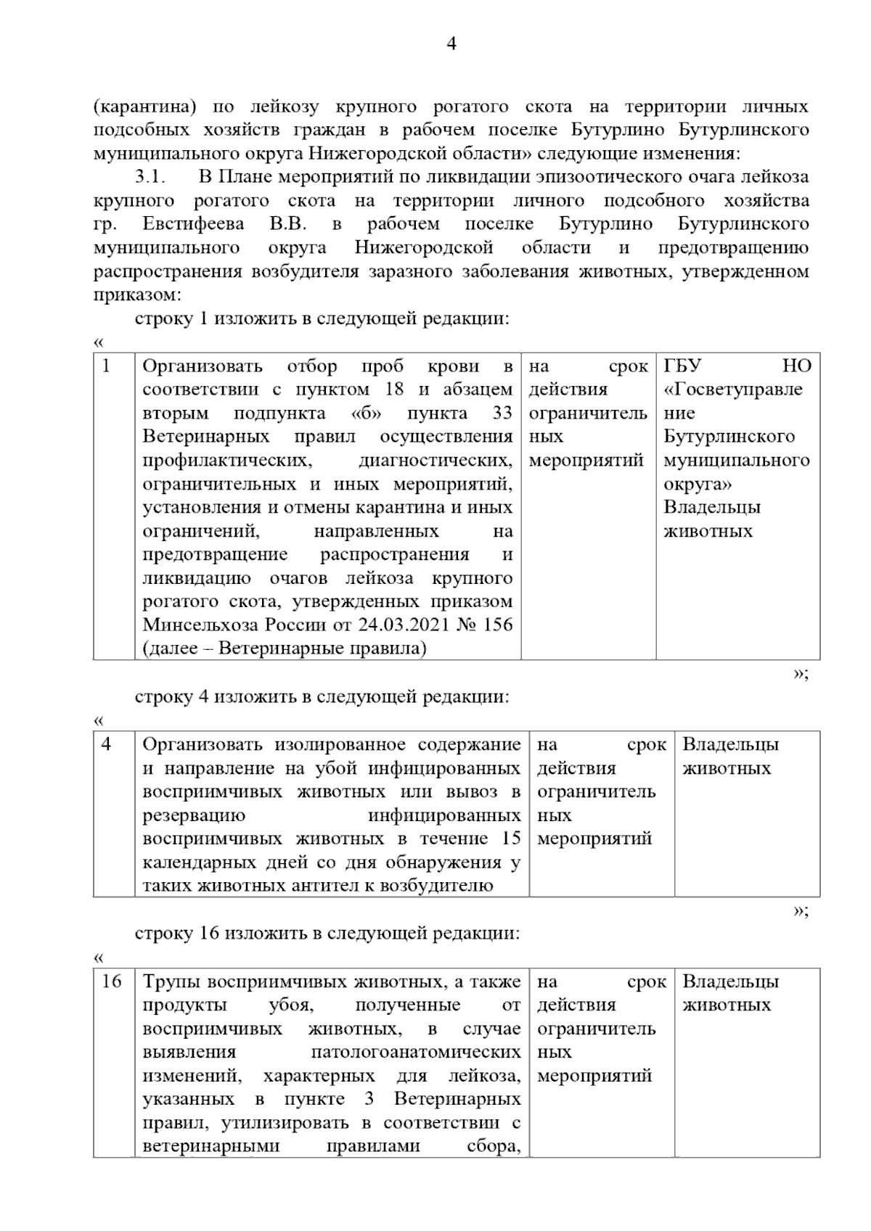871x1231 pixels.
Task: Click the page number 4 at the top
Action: (x=451, y=44)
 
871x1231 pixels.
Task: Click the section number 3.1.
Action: (x=151, y=177)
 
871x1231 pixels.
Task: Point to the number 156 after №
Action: (x=497, y=625)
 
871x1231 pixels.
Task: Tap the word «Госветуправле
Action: (x=733, y=390)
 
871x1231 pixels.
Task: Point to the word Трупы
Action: (x=171, y=981)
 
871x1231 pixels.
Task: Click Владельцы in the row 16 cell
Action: (x=730, y=981)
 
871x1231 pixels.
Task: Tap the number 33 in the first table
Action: (x=502, y=413)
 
